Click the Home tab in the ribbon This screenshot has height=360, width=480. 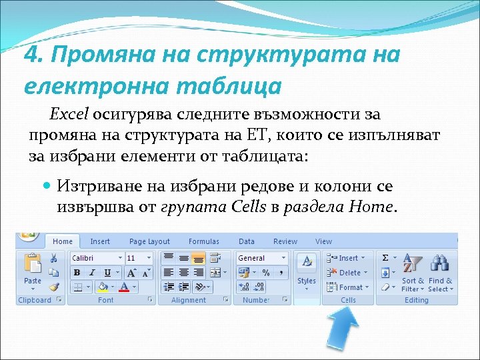[63, 241]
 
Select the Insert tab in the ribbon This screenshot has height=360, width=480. [100, 241]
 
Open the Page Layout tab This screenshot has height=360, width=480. [149, 241]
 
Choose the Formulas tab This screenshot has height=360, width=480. [203, 241]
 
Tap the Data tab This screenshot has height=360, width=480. [247, 241]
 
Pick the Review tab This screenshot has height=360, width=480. [285, 241]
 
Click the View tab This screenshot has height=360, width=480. [323, 241]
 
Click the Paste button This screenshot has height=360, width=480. [32, 270]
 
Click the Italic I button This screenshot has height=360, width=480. [91, 273]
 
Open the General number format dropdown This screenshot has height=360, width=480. [261, 258]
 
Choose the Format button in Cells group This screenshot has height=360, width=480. [345, 287]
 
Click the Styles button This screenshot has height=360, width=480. [307, 270]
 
